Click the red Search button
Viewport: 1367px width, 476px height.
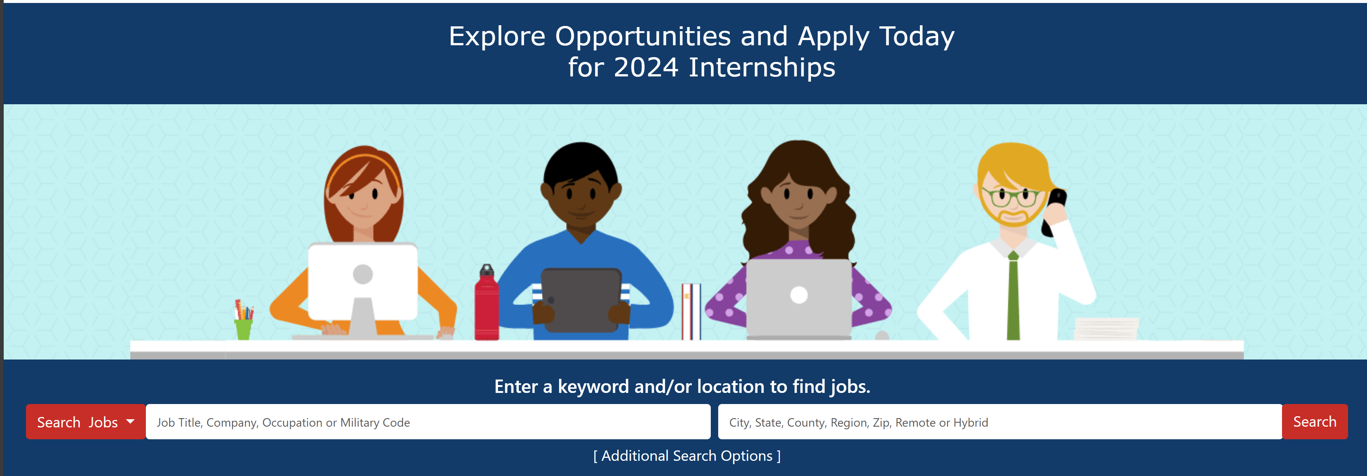[x=1314, y=422]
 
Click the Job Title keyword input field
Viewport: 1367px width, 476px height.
[x=428, y=422]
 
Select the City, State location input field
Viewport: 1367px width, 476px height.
[x=1000, y=422]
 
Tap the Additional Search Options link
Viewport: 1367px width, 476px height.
[x=687, y=456]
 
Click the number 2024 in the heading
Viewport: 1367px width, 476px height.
[x=646, y=68]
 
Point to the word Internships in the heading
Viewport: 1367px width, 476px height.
[x=762, y=68]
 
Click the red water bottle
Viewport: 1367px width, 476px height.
[x=486, y=302]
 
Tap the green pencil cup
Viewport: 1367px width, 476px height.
[x=243, y=329]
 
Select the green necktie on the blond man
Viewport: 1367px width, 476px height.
[x=1013, y=296]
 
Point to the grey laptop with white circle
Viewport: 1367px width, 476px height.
[x=799, y=298]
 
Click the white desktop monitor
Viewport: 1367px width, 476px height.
[x=363, y=281]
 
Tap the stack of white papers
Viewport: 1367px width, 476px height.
[x=1106, y=329]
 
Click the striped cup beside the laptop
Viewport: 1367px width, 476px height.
[x=691, y=312]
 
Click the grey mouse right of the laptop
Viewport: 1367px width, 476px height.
[x=882, y=335]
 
